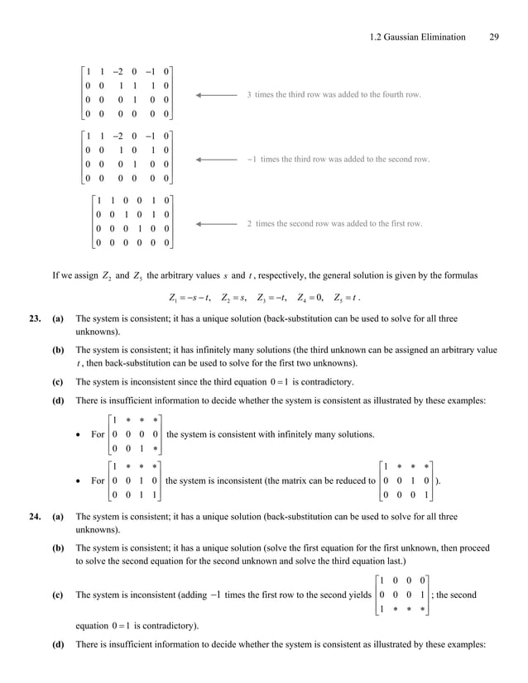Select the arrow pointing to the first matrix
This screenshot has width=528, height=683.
pos(217,95)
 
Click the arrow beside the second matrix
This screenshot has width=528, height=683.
pos(217,158)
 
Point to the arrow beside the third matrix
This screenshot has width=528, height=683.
pos(217,223)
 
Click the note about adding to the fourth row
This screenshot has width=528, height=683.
pos(334,95)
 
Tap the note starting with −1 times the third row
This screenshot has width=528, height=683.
pos(338,158)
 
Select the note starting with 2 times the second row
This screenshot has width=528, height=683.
pos(334,223)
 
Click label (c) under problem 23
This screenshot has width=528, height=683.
pos(58,382)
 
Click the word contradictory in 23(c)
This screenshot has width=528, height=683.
pos(329,382)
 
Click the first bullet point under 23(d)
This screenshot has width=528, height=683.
pos(80,435)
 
